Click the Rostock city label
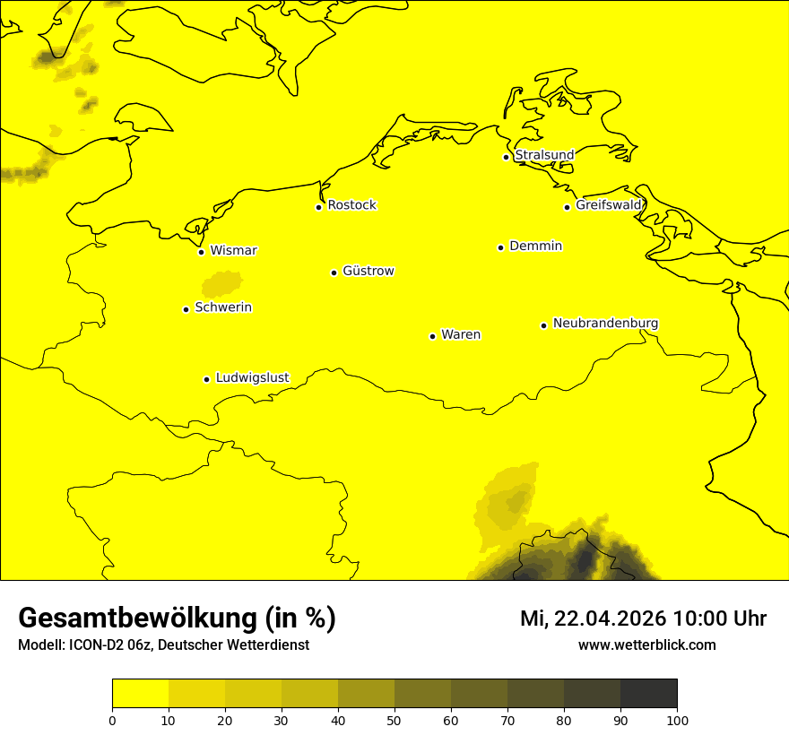[x=351, y=205]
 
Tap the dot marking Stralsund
[x=506, y=157]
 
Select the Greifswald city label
[x=609, y=205]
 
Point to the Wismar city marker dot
[x=202, y=252]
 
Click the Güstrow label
[x=368, y=271]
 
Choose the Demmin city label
[x=535, y=246]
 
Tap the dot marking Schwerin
[x=186, y=309]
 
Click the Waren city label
[x=460, y=334]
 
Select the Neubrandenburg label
[x=605, y=323]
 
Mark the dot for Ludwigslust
[x=206, y=379]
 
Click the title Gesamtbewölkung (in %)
[x=177, y=619]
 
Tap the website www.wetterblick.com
[x=646, y=645]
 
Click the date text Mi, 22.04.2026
[x=593, y=619]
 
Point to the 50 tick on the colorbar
[x=394, y=720]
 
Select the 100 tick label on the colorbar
[x=677, y=720]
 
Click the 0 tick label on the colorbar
[x=112, y=720]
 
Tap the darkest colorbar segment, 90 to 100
[x=648, y=694]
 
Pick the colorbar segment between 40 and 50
[x=366, y=694]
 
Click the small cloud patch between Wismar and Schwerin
[x=221, y=285]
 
